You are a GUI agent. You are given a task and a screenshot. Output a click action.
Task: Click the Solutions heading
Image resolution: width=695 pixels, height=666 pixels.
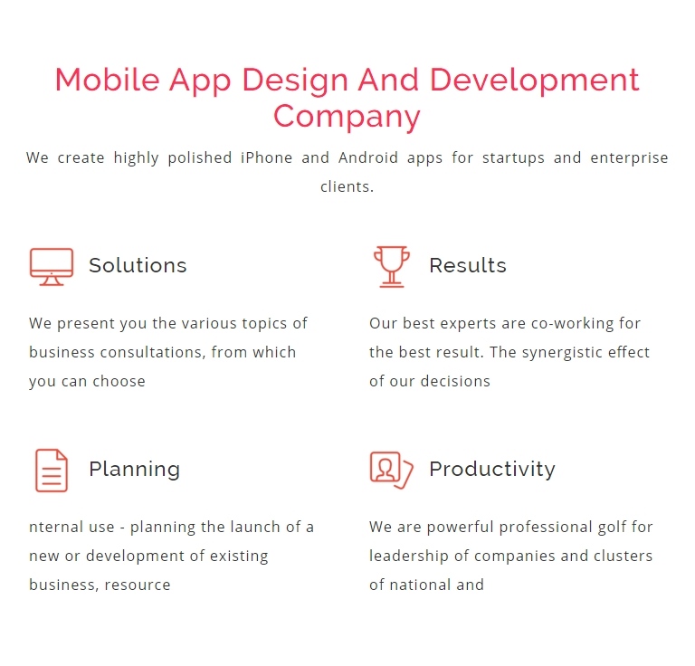(138, 265)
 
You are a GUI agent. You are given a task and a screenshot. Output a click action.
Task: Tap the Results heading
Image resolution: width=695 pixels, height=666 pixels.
(468, 265)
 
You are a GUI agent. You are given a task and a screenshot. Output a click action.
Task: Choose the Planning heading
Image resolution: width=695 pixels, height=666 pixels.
(134, 470)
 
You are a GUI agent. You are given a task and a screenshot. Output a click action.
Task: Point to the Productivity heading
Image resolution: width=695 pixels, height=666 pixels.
(492, 470)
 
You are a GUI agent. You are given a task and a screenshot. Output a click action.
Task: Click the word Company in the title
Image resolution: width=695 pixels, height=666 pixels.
(347, 117)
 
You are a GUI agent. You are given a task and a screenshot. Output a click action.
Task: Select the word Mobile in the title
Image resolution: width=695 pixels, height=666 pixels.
(108, 81)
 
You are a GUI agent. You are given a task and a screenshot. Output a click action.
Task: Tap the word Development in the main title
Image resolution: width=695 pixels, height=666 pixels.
(535, 81)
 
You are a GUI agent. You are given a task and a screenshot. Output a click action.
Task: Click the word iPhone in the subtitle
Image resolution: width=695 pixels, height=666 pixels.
(266, 157)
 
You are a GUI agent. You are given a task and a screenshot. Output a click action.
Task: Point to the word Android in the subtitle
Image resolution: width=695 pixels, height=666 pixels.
(368, 157)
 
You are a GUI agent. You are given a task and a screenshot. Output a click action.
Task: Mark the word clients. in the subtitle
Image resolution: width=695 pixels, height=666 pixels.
(347, 186)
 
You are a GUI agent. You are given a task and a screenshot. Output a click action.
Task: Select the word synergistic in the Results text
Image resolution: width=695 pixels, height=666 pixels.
(562, 353)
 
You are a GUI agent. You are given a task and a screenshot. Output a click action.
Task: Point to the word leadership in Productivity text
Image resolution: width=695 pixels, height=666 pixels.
(409, 557)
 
